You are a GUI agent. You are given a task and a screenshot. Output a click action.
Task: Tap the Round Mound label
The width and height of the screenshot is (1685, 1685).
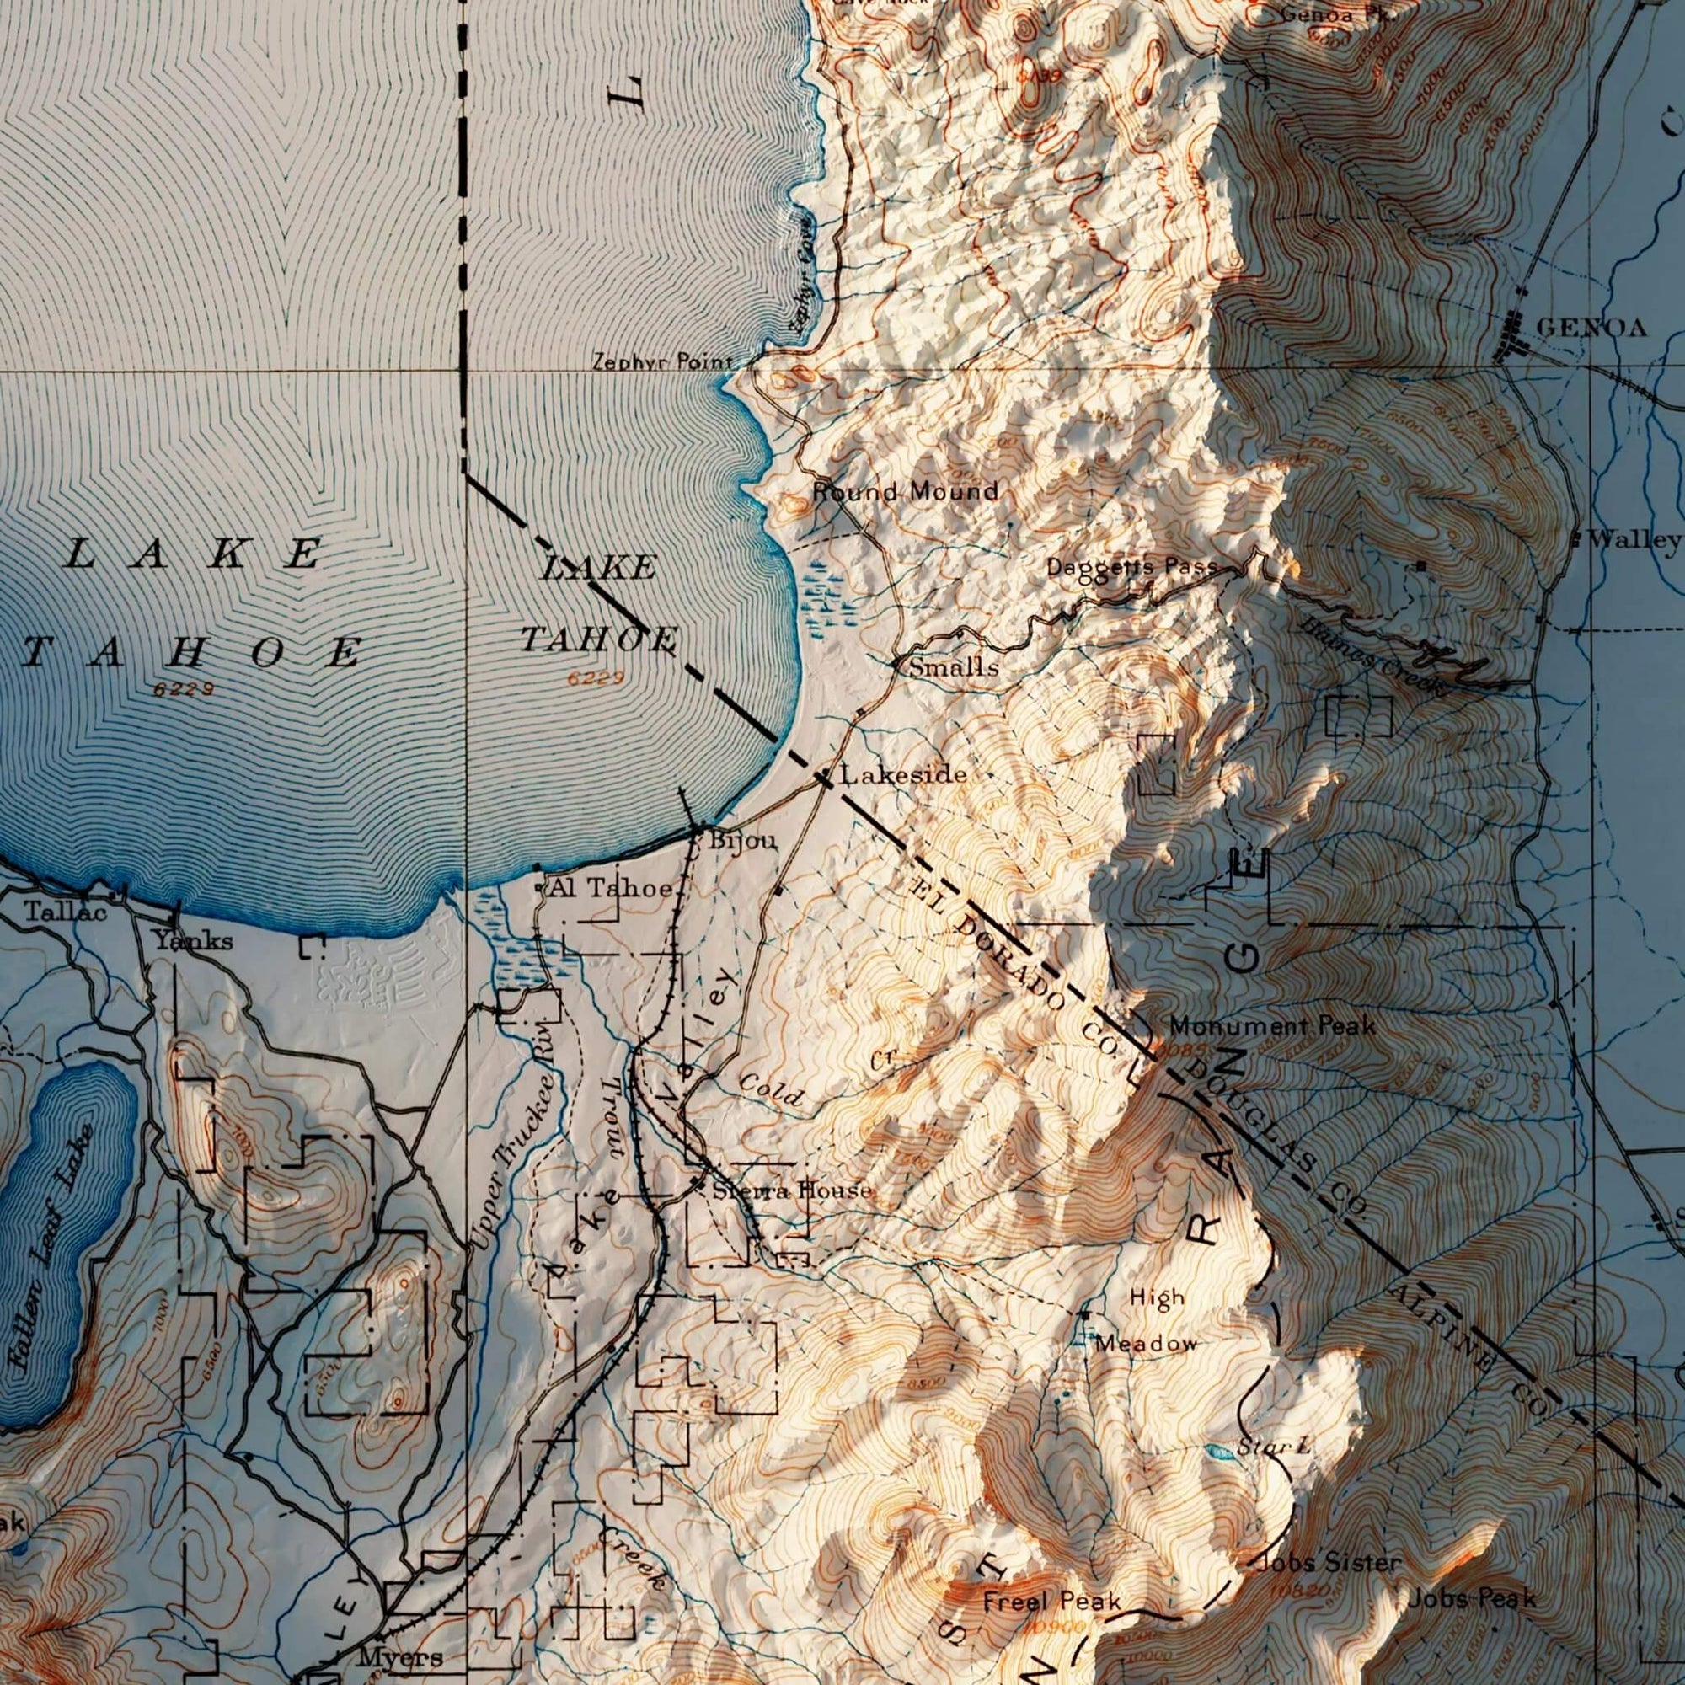pos(906,492)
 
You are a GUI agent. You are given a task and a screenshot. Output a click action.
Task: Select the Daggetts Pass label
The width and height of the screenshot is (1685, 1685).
pos(1131,567)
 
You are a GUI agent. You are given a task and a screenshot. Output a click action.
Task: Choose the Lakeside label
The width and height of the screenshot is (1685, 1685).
pos(902,774)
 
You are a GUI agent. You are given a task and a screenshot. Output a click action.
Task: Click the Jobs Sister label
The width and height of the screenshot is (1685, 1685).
pos(1330,1562)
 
